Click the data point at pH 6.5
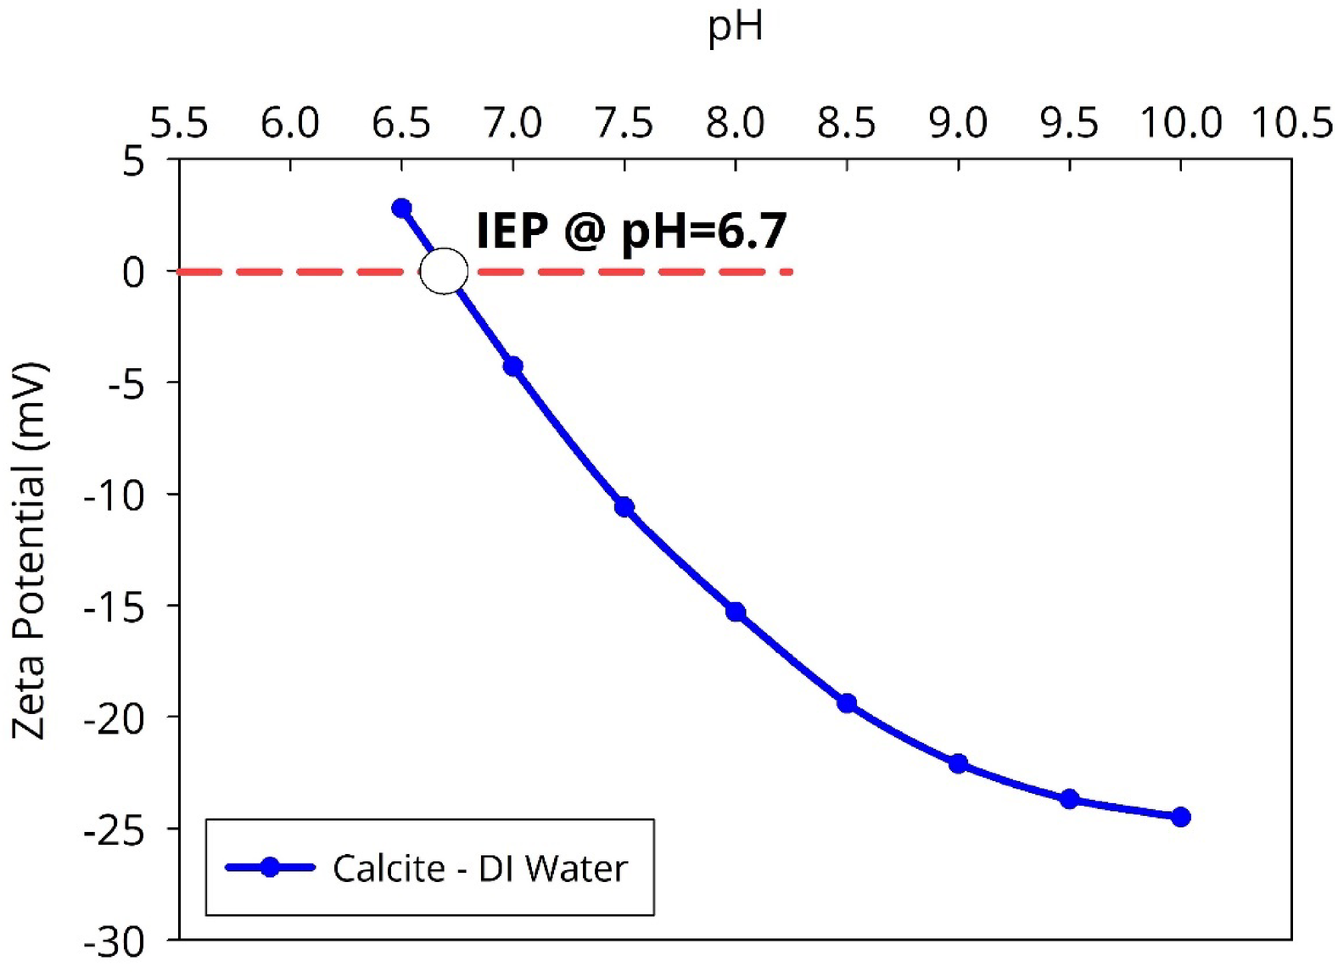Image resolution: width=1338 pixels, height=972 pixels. point(402,209)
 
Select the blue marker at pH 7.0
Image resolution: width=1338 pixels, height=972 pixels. point(513,366)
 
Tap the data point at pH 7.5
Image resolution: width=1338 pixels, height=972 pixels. point(624,507)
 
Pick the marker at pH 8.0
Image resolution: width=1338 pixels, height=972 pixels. point(736,612)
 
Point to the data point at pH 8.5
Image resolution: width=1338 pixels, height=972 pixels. point(847,703)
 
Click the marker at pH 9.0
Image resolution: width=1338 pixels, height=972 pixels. point(958,763)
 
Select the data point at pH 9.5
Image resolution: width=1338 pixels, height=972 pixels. point(1070,799)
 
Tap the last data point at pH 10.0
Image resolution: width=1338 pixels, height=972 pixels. point(1181,817)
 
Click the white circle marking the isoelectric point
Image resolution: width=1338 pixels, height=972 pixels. point(444,271)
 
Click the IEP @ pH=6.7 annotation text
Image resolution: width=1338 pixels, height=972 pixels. point(631,231)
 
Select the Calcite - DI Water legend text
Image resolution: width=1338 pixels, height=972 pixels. point(479,869)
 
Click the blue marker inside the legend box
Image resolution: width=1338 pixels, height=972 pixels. point(270,867)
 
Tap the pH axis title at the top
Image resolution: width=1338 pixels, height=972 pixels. point(736,27)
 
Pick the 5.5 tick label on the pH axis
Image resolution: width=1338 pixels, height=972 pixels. point(179,124)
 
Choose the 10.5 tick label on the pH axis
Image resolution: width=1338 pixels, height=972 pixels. point(1292,124)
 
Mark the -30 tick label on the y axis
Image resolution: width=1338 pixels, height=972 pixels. point(115,942)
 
